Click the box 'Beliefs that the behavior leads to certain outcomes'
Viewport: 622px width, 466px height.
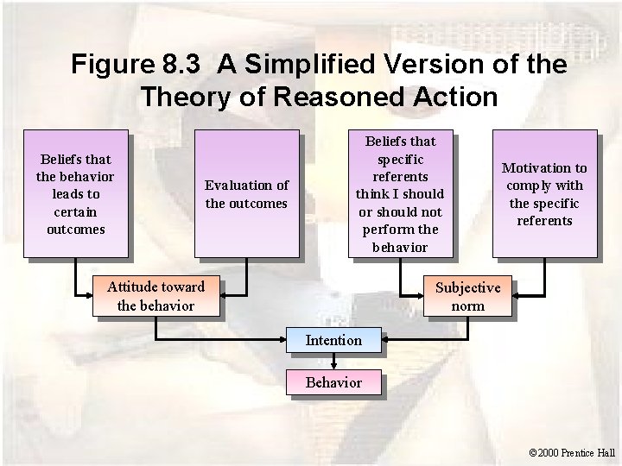coord(74,193)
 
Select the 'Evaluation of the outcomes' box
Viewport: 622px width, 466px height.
coord(246,193)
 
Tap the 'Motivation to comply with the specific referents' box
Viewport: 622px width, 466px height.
coord(543,193)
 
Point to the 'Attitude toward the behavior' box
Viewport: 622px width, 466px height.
coord(155,296)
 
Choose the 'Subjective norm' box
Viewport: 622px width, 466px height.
coord(467,296)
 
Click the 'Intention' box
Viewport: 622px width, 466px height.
coord(333,340)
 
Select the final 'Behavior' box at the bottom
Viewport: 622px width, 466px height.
coord(333,381)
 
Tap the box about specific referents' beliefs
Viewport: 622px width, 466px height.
coord(400,193)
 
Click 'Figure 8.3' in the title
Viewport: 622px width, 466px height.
coord(138,65)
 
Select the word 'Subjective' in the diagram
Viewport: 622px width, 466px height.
coord(467,287)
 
